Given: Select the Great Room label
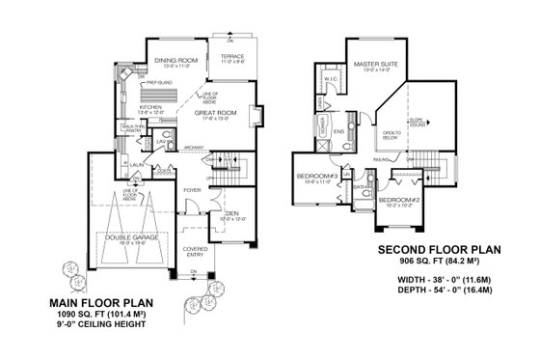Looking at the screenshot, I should [216, 113].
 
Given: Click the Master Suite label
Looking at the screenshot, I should [368, 65].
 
